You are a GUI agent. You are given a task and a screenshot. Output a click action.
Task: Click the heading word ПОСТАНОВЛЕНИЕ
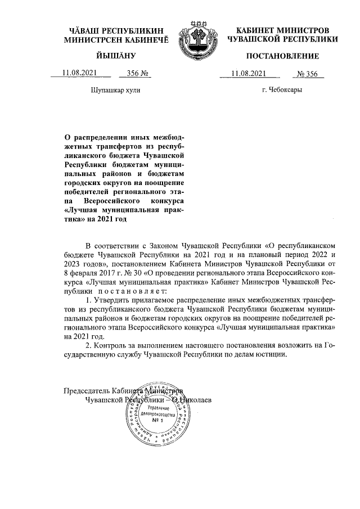pos(282,56)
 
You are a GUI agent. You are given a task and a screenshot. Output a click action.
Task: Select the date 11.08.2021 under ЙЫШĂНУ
pos(80,73)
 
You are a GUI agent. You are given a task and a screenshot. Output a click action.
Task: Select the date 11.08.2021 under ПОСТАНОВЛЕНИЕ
pos(249,73)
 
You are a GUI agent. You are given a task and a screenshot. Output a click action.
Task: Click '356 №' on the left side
pos(137,73)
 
